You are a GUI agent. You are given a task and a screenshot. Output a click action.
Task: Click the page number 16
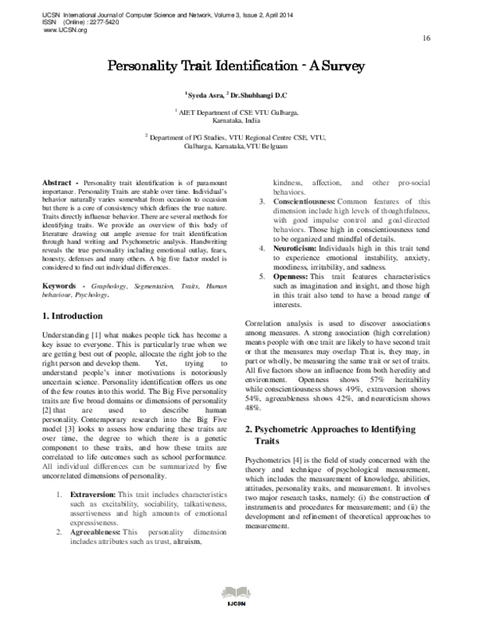pos(426,37)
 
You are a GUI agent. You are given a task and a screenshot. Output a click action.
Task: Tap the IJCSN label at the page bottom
pos(238,613)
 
